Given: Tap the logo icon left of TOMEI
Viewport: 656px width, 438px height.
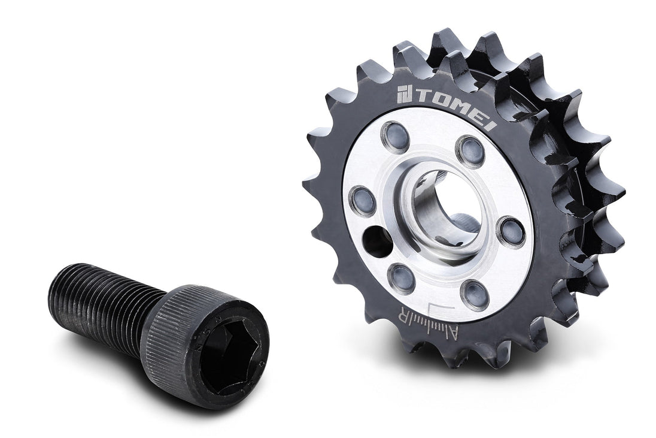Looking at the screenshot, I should [404, 94].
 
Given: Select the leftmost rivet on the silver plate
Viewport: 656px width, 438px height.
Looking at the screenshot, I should [363, 200].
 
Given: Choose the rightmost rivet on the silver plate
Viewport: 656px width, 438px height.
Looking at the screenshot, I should [511, 231].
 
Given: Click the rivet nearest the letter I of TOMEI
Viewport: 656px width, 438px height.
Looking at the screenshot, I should [470, 150].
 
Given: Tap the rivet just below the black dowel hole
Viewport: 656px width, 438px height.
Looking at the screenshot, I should [401, 277].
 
